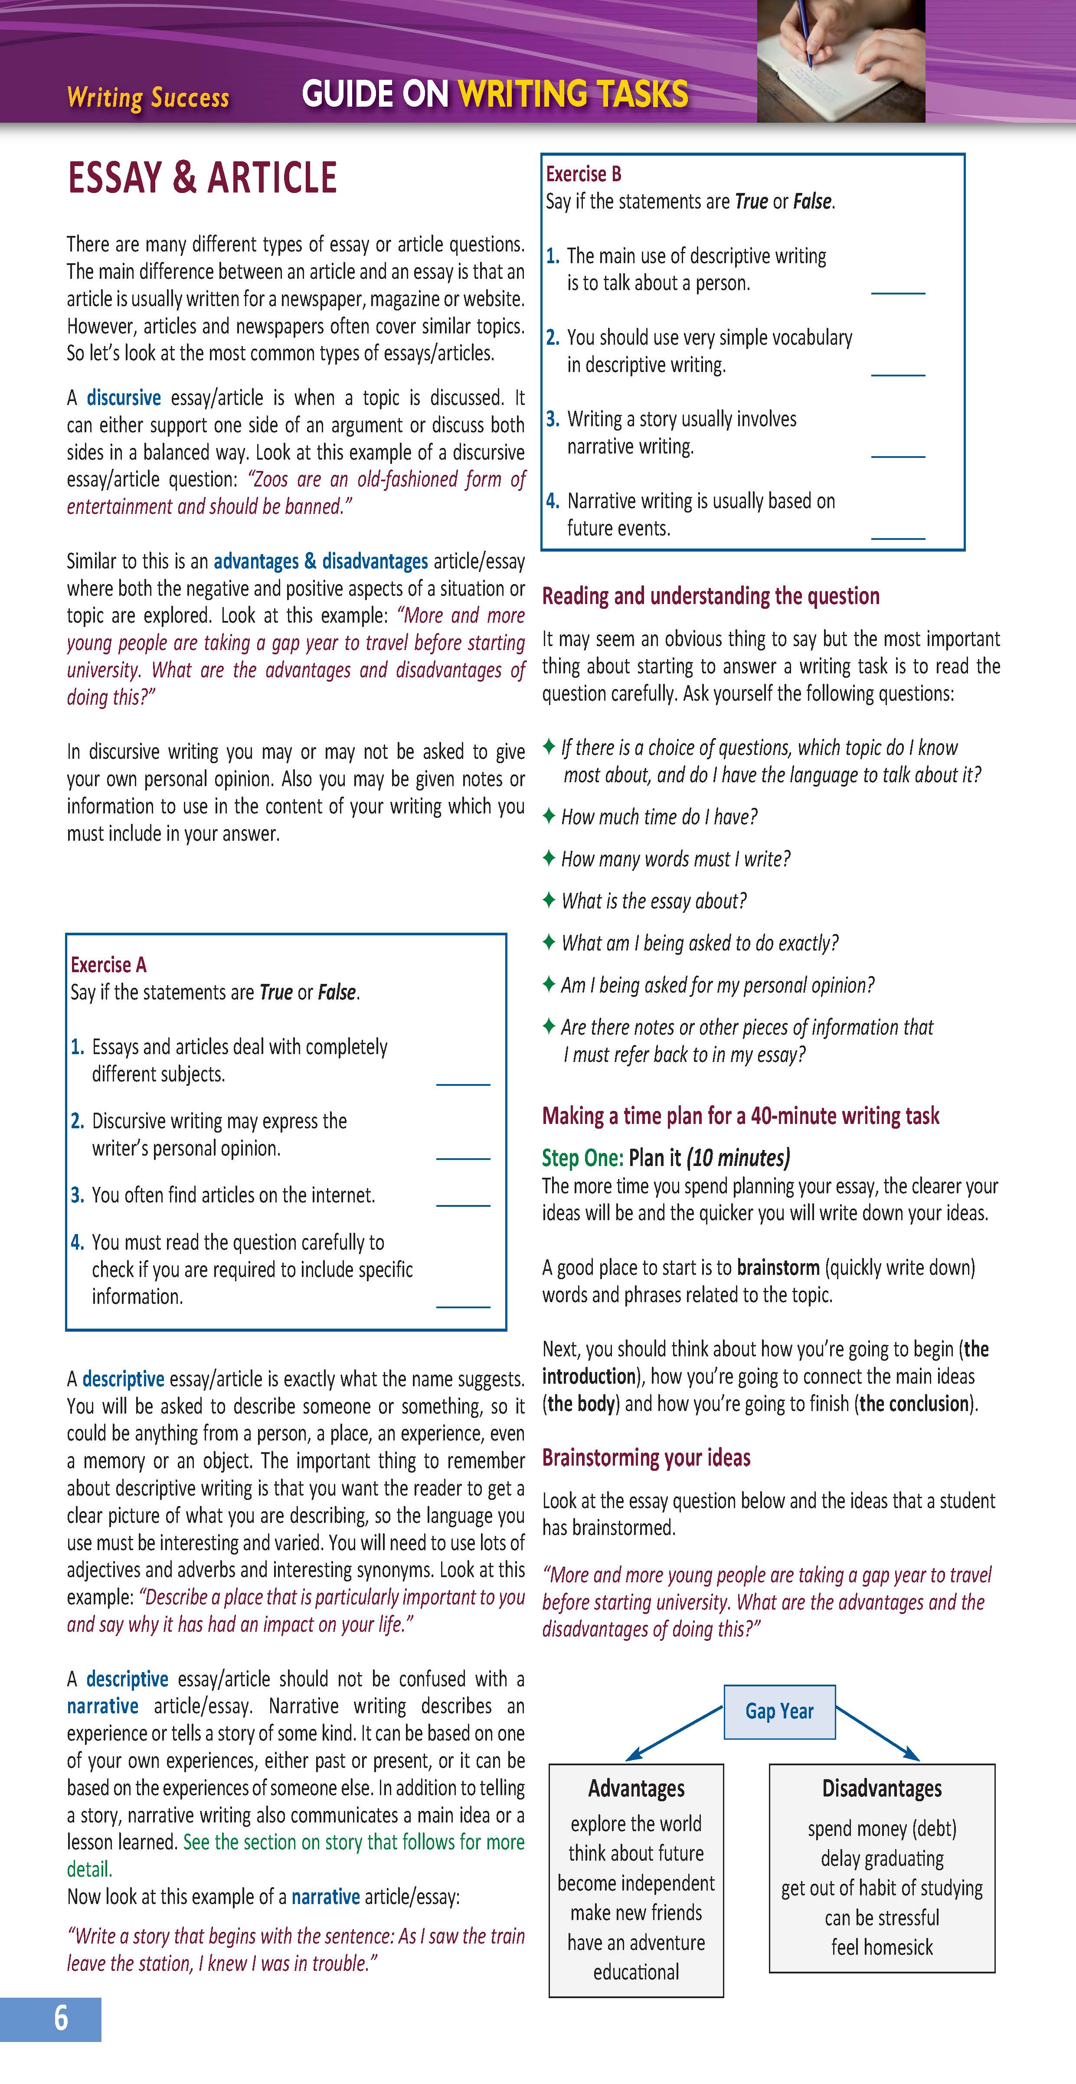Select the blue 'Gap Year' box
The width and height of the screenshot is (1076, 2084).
click(779, 1711)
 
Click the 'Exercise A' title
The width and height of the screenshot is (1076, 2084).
click(108, 964)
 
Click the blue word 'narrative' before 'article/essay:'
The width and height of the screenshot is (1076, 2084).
click(325, 1896)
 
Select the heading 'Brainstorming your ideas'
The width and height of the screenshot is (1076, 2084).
click(646, 1458)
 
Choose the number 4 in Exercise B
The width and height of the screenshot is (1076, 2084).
click(553, 501)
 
